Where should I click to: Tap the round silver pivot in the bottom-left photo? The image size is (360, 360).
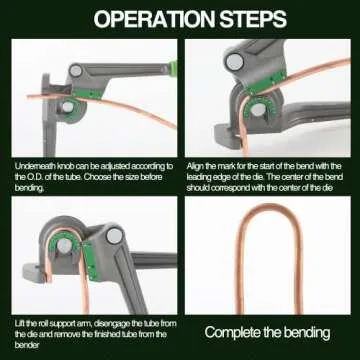pyautogui.click(x=113, y=236)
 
